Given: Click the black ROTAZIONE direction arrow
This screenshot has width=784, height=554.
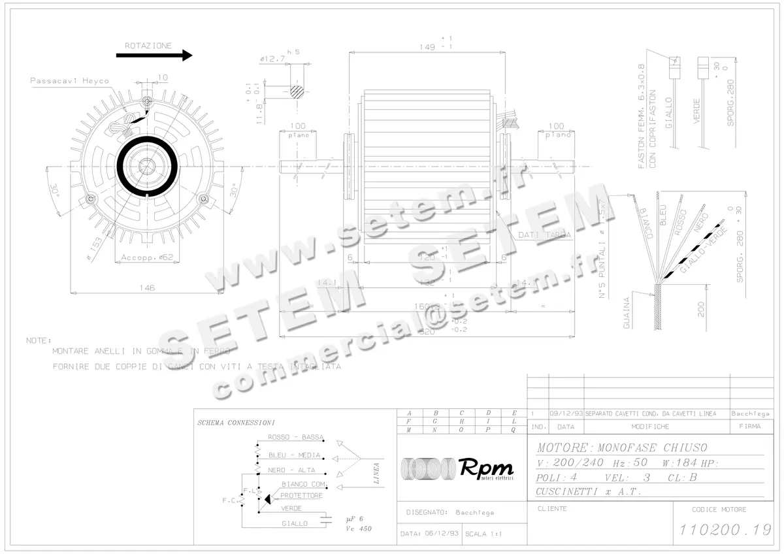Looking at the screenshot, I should (154, 56).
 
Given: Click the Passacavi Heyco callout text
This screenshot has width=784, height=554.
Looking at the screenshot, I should (70, 81).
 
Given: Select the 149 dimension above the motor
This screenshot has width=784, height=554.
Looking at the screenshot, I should (428, 47).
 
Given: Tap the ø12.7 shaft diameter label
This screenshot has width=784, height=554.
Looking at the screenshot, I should (272, 59).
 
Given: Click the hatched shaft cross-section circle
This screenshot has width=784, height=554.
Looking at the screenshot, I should (297, 91).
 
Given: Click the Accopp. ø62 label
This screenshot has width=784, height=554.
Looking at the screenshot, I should (146, 258).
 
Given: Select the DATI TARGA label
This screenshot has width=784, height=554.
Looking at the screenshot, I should (544, 235).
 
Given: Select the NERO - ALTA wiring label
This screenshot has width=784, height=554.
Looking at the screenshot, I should (291, 470).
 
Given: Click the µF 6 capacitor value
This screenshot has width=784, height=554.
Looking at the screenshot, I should (354, 519).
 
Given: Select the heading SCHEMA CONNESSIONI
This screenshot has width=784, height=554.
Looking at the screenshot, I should (236, 423).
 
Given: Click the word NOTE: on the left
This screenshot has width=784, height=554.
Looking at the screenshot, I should (39, 340).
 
